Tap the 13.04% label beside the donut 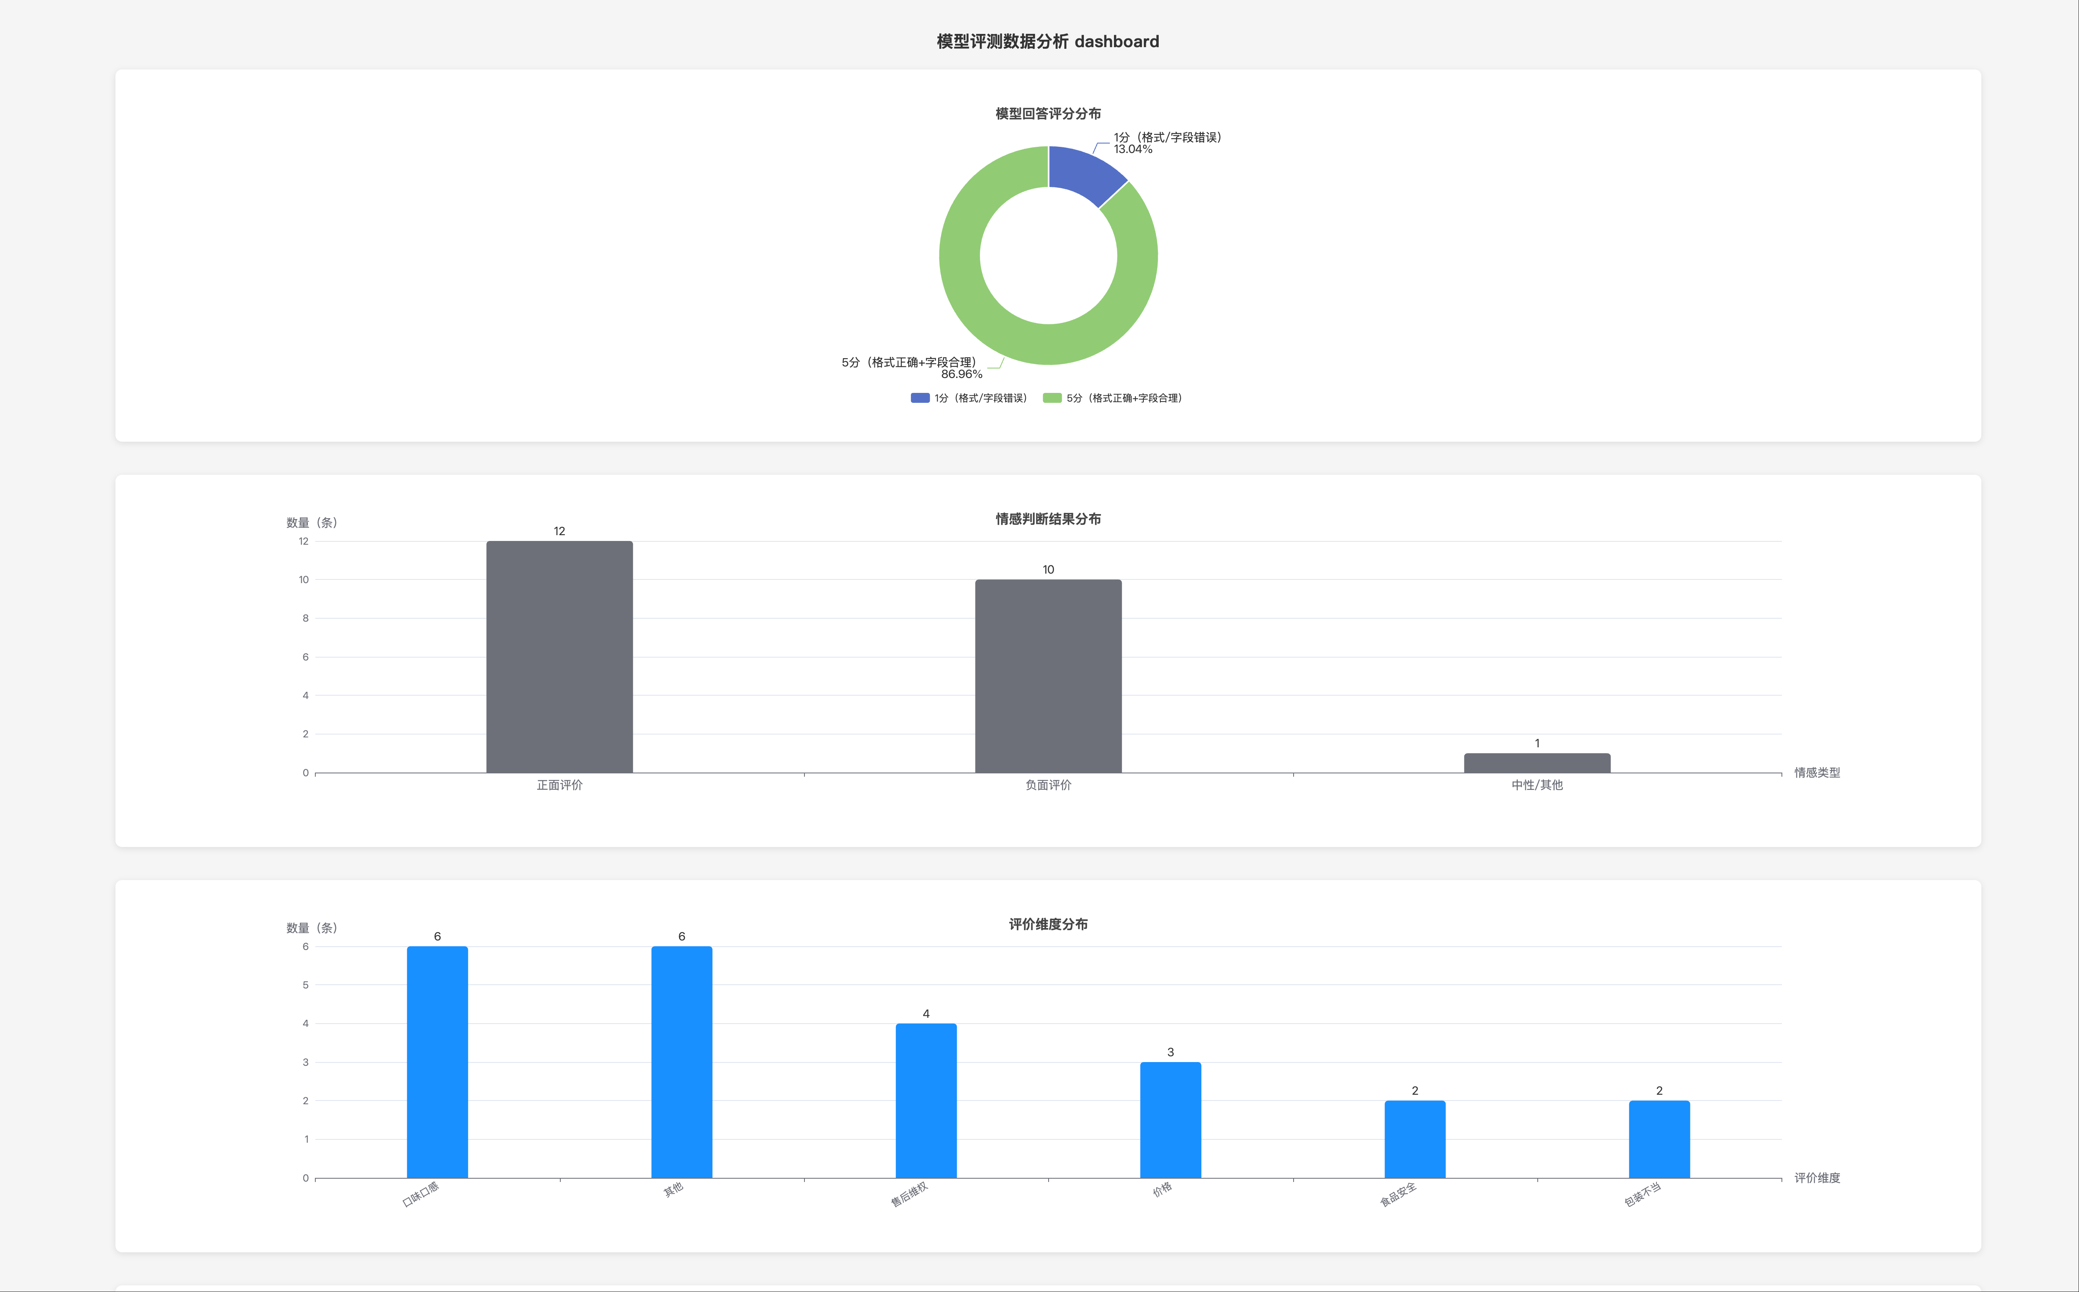click(1133, 150)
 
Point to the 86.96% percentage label click(962, 374)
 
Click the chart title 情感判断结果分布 click(1047, 519)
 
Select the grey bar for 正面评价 click(559, 658)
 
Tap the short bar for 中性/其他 click(1536, 763)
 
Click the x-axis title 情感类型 click(1817, 773)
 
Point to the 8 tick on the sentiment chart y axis click(305, 618)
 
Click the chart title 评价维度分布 click(1047, 924)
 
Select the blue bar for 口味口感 click(437, 1062)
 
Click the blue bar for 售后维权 click(926, 1101)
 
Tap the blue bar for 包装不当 click(1659, 1139)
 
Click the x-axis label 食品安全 click(1399, 1194)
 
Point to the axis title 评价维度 click(1817, 1177)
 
